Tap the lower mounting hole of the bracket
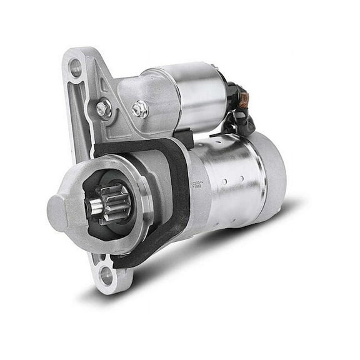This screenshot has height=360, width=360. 107,273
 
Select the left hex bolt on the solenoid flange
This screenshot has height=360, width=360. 104,109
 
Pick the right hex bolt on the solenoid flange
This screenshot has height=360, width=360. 139,109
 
